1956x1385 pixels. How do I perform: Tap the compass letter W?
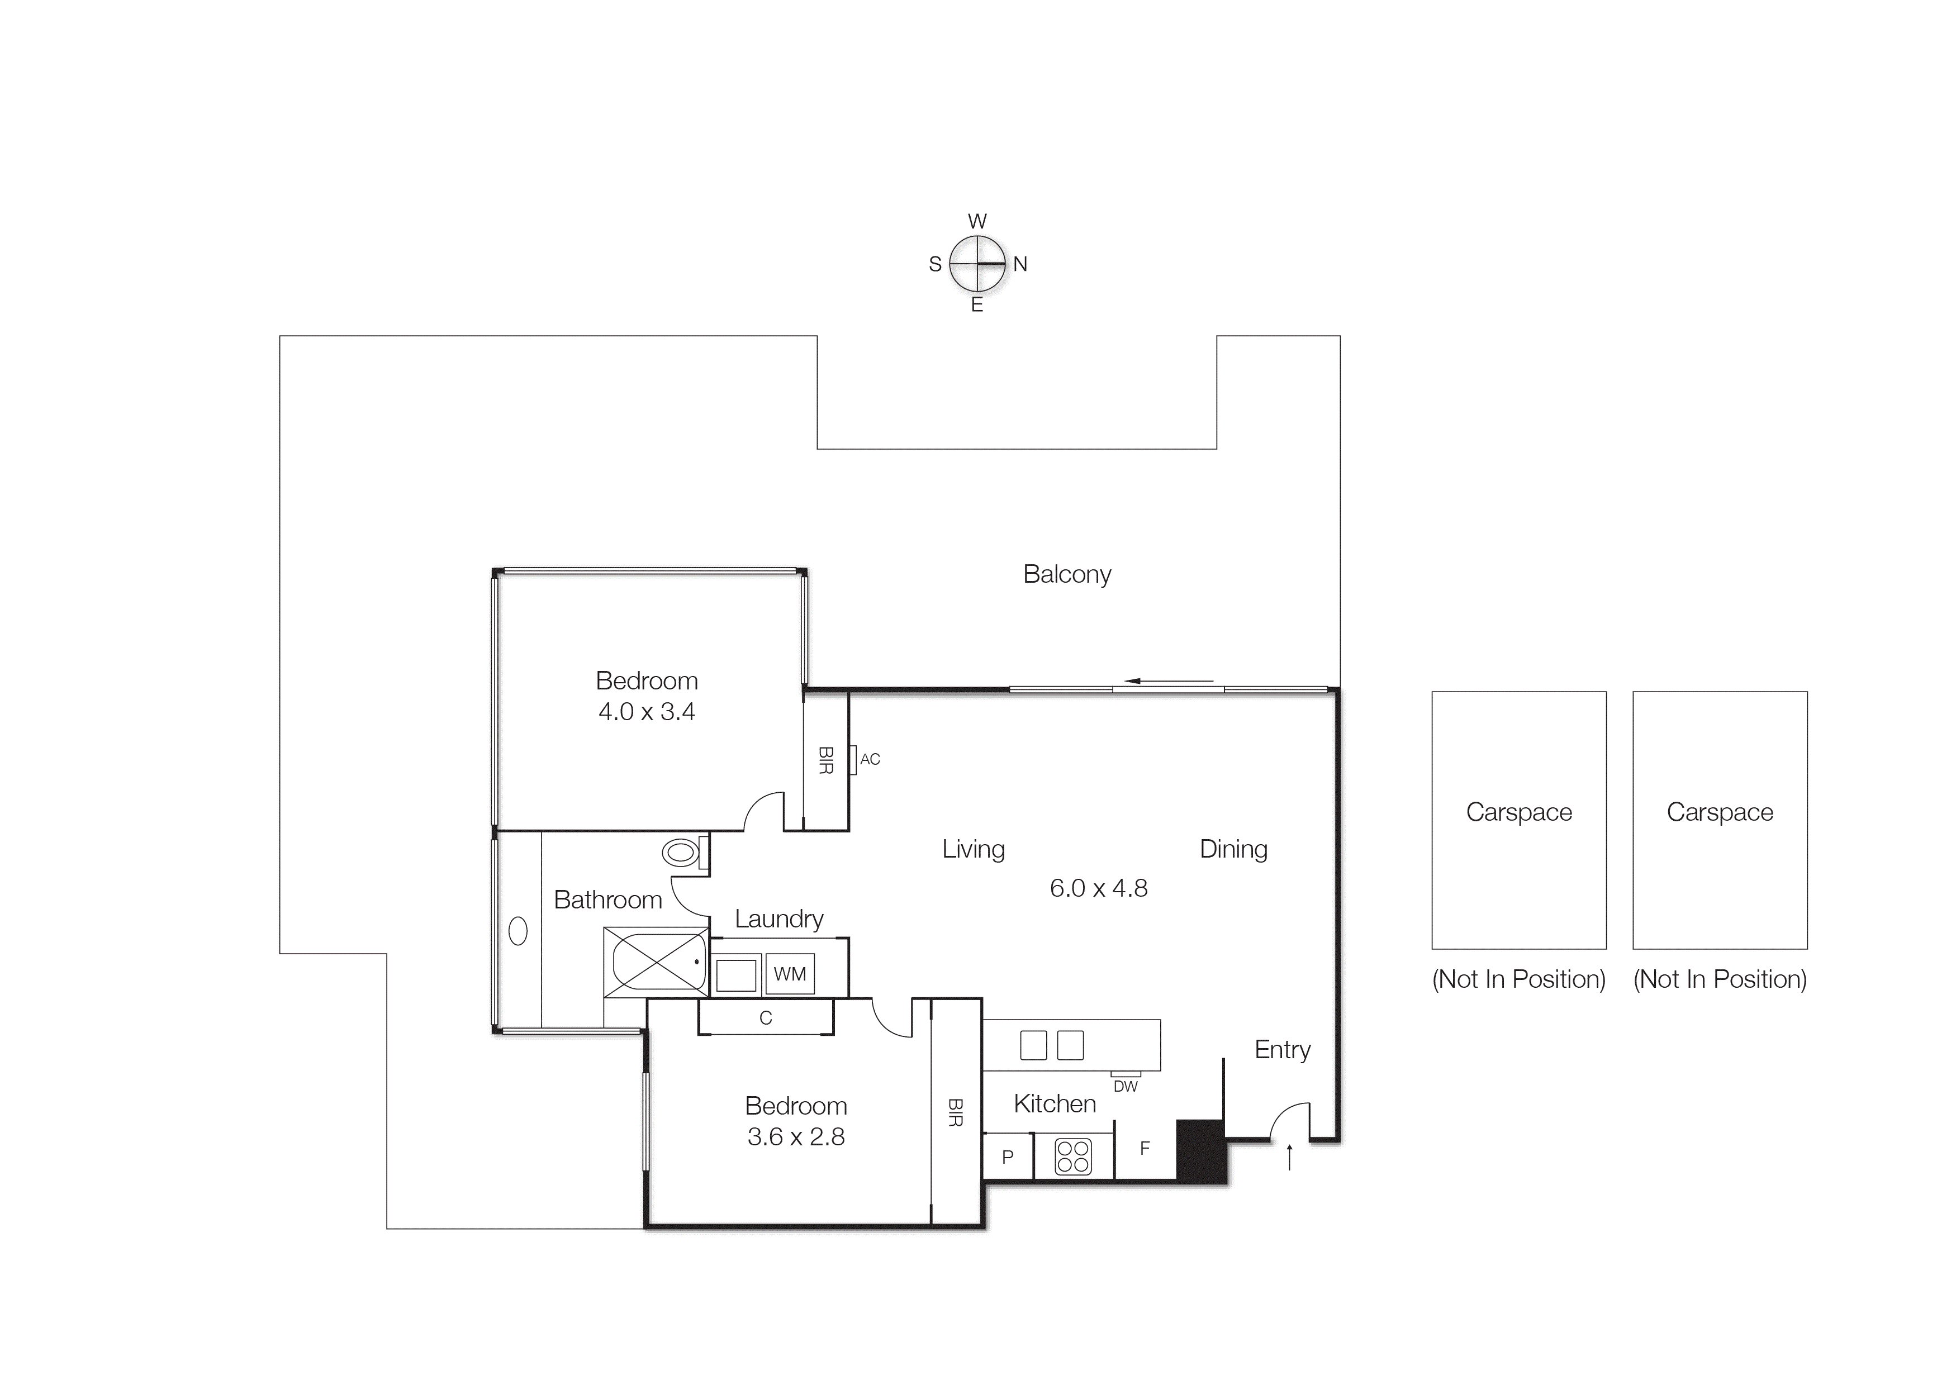pos(977,222)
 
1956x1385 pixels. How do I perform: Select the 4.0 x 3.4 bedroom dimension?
pos(647,711)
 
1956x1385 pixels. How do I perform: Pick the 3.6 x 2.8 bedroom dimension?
pos(796,1137)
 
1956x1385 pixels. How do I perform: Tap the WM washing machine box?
pos(789,974)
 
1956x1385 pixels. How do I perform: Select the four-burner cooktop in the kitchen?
pos(1072,1156)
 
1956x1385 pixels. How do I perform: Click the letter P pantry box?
pos(1008,1157)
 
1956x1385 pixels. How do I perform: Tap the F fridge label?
pos(1145,1149)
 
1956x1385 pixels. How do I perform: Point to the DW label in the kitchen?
pos(1125,1087)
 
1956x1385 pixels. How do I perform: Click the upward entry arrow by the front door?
pos(1289,1157)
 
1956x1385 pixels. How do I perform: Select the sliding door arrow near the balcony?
pos(1168,680)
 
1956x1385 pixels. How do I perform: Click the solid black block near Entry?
pos(1201,1151)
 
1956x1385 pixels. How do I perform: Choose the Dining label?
pos(1233,849)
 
